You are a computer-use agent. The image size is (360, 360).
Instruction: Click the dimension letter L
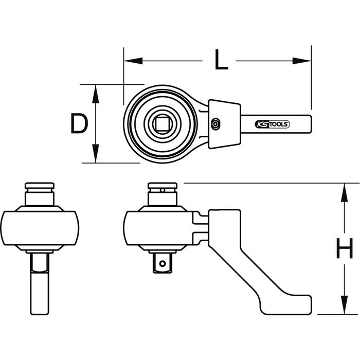221,60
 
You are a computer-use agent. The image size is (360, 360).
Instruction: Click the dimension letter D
79,124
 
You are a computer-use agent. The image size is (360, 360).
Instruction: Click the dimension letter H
345,248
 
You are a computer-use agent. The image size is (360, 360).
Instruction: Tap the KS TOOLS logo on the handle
272,124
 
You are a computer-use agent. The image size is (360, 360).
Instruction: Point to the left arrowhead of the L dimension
133,61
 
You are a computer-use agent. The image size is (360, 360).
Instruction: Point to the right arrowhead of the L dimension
302,61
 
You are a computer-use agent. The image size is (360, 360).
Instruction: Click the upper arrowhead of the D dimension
96,94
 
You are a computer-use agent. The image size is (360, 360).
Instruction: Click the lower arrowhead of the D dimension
96,154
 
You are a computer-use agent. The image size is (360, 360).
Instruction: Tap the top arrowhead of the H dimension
344,192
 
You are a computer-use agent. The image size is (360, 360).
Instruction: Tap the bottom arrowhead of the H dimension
344,305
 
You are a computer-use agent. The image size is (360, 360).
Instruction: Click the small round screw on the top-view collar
215,124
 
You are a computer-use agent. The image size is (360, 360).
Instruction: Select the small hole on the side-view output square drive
163,264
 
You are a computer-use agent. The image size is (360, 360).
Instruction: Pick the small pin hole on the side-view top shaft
163,190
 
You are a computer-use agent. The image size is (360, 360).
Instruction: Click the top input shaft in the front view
40,194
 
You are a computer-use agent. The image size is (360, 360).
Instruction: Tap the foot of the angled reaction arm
287,305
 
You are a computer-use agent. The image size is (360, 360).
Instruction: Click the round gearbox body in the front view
40,228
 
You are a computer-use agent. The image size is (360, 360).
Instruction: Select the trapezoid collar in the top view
225,124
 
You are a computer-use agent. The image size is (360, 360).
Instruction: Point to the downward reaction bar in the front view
40,284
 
